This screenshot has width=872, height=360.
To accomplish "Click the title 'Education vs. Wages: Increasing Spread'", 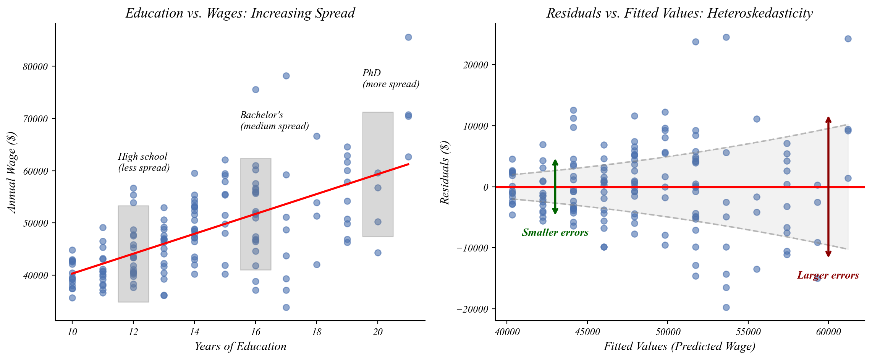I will pos(240,13).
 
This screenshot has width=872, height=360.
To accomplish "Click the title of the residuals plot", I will pos(679,13).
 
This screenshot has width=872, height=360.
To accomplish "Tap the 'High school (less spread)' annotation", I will pos(144,162).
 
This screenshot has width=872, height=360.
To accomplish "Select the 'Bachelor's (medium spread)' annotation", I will pos(274,120).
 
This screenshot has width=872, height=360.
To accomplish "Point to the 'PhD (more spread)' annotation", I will pos(390,78).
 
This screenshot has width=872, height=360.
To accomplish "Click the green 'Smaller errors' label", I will pos(555,232).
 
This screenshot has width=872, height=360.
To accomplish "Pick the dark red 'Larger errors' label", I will pos(828,275).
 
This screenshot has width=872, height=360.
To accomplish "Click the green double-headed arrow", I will pos(555,187).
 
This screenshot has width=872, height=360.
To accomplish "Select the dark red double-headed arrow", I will pos(828,187).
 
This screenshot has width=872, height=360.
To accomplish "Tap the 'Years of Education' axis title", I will pos(240,346).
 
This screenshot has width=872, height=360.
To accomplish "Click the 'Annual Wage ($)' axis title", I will pos(12,172).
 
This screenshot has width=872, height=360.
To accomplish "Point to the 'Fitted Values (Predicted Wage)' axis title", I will pos(679,346).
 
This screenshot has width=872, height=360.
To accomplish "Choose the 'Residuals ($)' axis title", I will pos(445,173).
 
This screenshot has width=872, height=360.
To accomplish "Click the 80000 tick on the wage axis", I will pos(36,67).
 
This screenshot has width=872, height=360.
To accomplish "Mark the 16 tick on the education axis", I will pos(256,332).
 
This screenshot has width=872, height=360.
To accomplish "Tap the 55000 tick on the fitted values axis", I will pos(748,332).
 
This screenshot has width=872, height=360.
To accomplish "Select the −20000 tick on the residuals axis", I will pos(472,309).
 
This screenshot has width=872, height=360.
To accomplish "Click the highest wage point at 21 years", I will pos(408,37).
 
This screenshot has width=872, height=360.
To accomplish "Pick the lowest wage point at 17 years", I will pos(286,307).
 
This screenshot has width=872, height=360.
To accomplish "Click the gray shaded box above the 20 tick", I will pos(378,174).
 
